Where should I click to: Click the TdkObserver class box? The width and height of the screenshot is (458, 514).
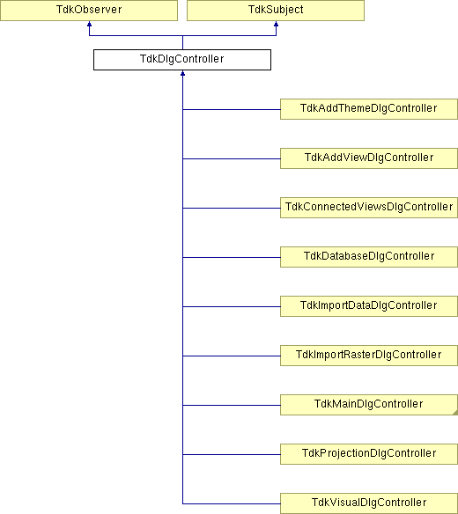pos(89,11)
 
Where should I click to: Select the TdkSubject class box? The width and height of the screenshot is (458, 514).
pos(276,11)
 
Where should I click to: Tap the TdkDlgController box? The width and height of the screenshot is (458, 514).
pos(182,60)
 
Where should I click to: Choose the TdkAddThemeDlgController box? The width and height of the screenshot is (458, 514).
pos(369,109)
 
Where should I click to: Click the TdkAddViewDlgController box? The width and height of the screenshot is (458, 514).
pos(369,158)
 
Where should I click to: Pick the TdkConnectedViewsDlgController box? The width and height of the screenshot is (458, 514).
pos(369,208)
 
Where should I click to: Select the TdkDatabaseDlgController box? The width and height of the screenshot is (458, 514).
pos(369,257)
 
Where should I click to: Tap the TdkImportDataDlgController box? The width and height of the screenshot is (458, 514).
pos(369,306)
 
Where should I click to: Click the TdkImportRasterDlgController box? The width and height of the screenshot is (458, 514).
pos(369,356)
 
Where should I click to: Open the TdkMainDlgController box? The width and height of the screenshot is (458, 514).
pos(369,405)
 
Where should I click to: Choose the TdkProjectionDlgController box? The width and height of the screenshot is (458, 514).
pos(369,454)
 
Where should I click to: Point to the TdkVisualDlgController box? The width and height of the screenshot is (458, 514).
pos(369,503)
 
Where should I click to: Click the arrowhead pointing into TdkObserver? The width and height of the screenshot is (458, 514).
pos(89,24)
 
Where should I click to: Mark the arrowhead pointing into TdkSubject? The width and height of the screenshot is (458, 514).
pos(276,24)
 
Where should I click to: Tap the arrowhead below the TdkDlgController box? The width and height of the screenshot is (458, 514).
pos(182,73)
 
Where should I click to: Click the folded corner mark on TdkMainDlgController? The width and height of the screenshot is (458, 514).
pos(455,413)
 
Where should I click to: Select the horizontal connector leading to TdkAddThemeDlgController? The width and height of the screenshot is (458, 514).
pos(232,109)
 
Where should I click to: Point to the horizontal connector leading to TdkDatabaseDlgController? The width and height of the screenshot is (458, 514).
pos(232,257)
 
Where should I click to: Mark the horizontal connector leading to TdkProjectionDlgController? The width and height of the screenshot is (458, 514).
pos(232,454)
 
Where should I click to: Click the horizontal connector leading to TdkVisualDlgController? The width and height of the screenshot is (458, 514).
pos(232,503)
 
